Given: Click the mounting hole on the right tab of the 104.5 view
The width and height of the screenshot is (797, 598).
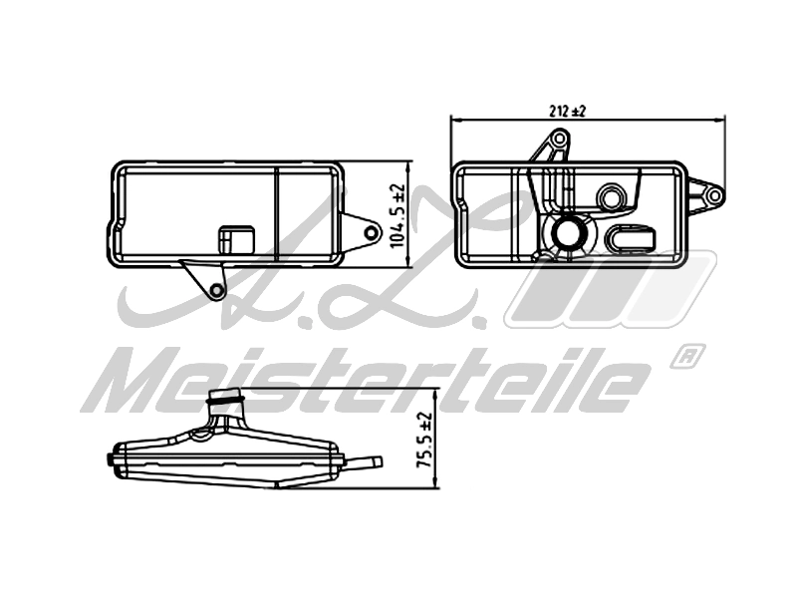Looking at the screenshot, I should coord(371,233).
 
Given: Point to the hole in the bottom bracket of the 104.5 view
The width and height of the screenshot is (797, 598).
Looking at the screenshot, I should coord(216,290).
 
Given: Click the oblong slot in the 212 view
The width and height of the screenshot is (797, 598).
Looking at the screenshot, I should coord(632,238).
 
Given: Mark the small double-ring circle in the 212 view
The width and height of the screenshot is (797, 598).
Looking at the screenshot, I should coord(611,195).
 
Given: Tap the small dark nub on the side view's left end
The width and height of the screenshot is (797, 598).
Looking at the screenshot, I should coord(109,458).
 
